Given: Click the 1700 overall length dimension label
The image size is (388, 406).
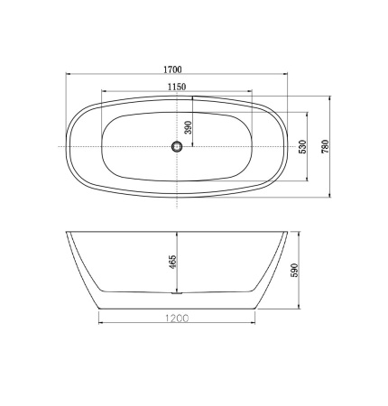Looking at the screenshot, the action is (172, 69).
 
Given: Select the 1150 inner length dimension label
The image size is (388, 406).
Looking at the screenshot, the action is (177, 87).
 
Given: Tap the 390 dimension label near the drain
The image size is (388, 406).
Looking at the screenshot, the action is (188, 128).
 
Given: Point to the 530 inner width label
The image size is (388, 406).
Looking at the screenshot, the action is (302, 147).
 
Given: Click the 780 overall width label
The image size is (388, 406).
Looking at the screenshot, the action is (326, 146).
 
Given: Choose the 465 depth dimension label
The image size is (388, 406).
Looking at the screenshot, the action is (172, 262).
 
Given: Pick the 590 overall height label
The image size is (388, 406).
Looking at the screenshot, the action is (294, 270).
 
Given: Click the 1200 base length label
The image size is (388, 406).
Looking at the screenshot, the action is (177, 318).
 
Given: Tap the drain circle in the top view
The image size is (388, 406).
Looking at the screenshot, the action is (177, 147).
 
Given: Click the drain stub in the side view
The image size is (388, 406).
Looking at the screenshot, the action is (177, 292).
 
